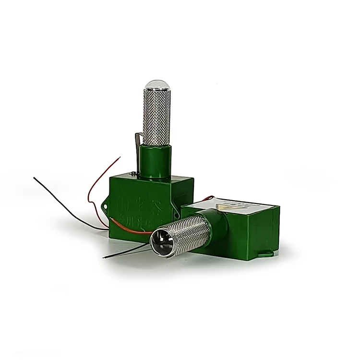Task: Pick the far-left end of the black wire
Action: [35, 178]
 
